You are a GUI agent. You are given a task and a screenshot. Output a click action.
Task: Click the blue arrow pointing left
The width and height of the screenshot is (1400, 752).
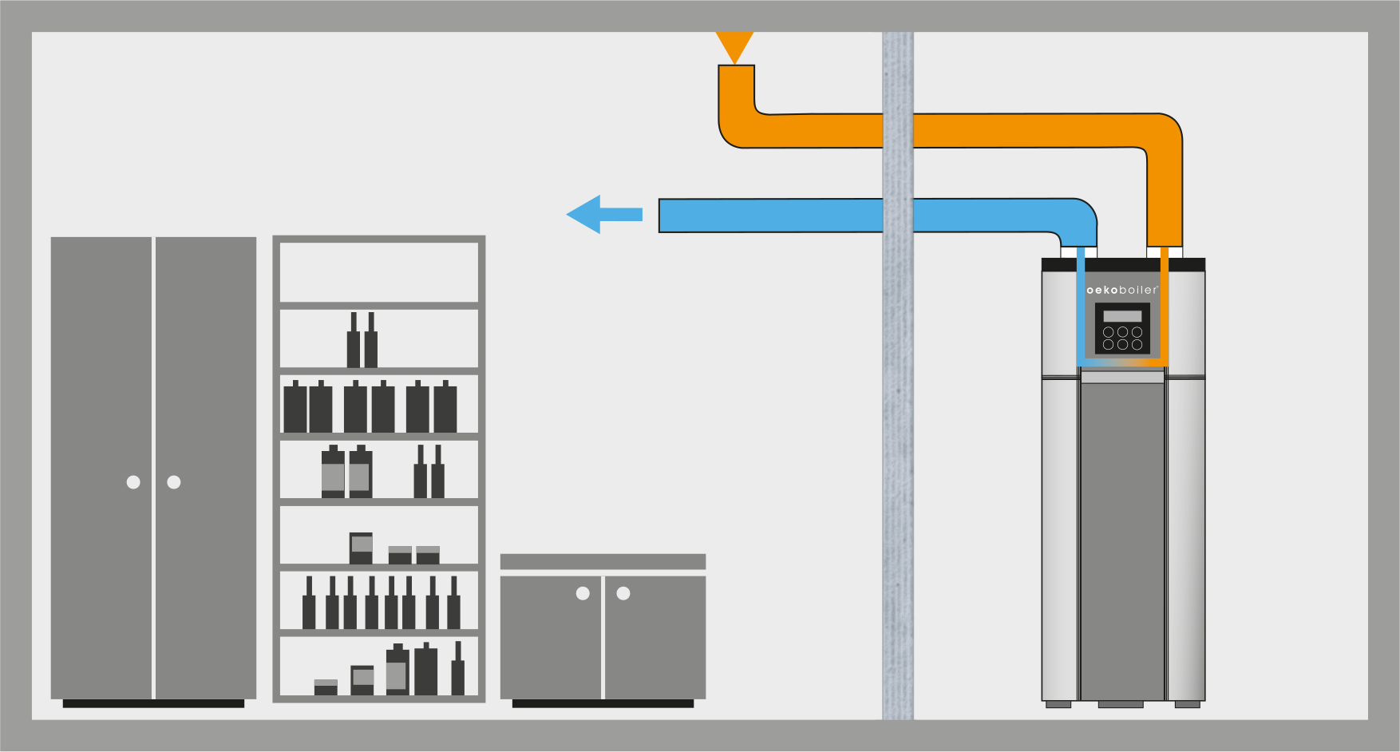point(604,214)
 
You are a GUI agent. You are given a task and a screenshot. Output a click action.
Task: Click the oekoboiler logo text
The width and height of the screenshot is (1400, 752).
point(1122,290)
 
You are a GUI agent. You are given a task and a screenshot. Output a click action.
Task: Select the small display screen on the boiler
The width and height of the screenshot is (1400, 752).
point(1122,316)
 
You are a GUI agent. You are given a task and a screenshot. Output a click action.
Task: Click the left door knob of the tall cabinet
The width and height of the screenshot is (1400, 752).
point(133,482)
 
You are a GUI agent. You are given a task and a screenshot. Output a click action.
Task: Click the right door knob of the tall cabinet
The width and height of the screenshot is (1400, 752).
point(174,482)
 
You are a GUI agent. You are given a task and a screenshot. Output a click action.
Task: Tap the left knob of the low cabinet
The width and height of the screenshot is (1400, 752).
point(583,593)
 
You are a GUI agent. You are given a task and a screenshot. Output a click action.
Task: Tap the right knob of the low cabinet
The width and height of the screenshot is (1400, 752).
point(623,593)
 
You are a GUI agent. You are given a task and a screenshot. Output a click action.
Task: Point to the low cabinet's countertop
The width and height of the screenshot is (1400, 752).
point(603,561)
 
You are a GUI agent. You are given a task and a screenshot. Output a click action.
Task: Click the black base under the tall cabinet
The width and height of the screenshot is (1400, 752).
point(153,703)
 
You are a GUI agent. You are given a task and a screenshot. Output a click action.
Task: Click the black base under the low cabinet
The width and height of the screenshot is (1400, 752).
point(603,703)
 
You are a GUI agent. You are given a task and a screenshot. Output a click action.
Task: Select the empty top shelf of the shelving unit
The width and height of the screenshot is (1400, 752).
point(379,272)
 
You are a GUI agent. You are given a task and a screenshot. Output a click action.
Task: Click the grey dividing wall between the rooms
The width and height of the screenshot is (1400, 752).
point(898,375)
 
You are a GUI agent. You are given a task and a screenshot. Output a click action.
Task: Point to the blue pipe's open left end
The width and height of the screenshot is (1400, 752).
point(660,216)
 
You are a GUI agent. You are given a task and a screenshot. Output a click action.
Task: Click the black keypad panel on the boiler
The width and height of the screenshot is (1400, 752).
point(1122,328)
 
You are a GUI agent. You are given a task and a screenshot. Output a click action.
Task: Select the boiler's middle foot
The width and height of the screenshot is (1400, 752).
point(1121,704)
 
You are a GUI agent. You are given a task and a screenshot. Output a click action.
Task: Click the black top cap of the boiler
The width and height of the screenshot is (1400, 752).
point(1123,264)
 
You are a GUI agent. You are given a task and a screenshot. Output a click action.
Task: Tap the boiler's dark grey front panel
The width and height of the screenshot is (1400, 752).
point(1122,543)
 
